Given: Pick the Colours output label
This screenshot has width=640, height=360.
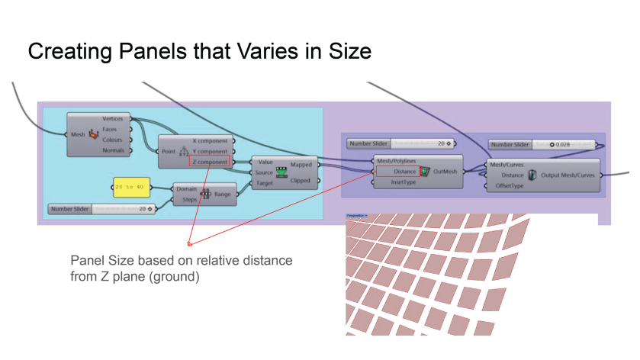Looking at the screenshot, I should coord(113,140).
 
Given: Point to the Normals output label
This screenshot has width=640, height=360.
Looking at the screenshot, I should coord(113,150).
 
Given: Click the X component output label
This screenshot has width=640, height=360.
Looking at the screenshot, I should coord(210,141).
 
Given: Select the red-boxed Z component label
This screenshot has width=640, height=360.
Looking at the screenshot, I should coord(210,162).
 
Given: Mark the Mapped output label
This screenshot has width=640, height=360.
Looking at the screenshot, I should coord(301,164).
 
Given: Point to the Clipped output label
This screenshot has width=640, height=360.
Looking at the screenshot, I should coord(301,181).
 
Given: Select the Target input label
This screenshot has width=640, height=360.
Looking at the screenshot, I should coord(264,183).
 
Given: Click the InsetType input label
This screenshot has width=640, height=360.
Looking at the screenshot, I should coord(404,182).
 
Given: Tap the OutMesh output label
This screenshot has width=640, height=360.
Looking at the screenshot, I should coord(445,172).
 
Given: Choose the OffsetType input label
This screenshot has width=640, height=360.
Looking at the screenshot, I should coord(510,185).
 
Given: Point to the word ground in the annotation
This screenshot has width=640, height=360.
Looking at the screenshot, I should coord(180,276).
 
